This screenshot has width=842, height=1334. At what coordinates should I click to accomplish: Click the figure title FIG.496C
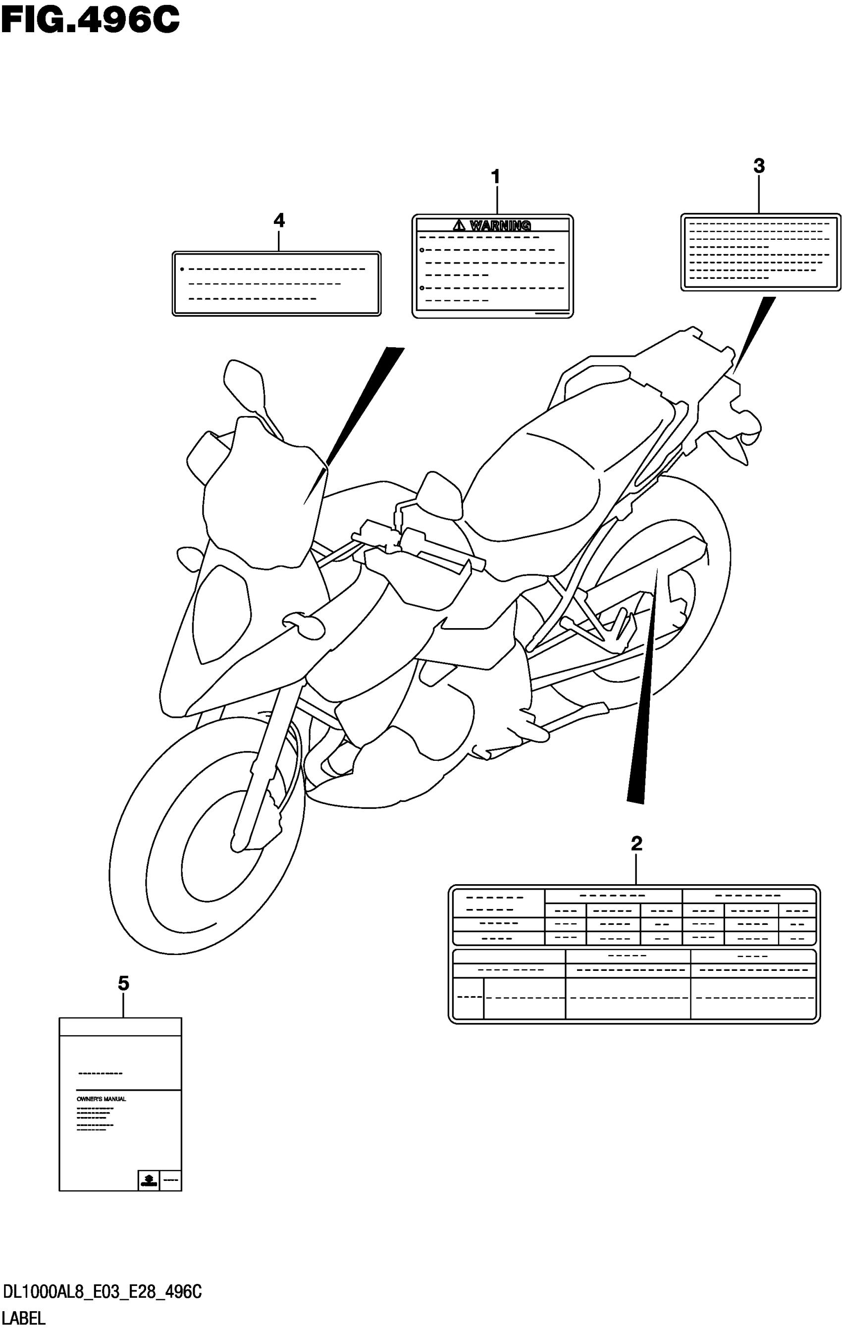click(91, 21)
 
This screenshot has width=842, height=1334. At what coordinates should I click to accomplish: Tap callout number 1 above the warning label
click(496, 177)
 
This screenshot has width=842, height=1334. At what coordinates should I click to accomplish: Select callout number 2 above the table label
click(636, 844)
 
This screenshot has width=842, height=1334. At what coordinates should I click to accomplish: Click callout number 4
click(279, 220)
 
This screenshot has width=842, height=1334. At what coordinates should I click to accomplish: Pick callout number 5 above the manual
click(123, 984)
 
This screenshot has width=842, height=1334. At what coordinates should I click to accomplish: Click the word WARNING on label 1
click(500, 225)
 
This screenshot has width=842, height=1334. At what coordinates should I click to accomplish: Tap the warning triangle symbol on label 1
click(460, 225)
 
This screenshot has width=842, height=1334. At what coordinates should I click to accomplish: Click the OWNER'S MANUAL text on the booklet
click(102, 1099)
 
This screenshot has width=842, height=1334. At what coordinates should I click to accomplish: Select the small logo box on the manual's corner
click(149, 1180)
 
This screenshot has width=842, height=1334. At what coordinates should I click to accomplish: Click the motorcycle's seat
click(548, 477)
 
